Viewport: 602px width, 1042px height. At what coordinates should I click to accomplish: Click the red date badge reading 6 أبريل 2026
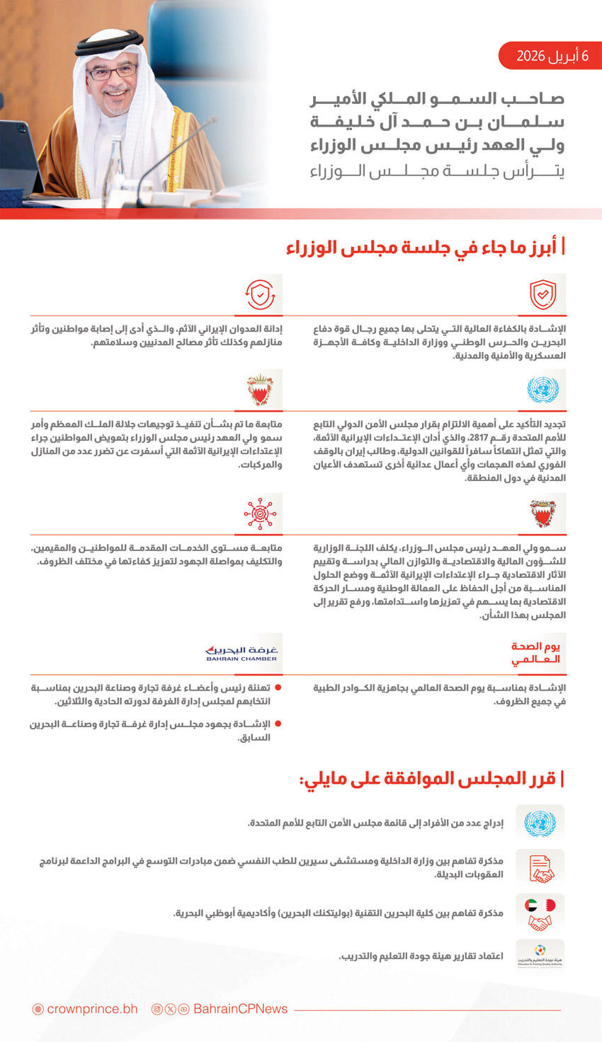point(550,56)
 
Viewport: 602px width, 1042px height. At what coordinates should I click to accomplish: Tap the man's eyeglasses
point(112,73)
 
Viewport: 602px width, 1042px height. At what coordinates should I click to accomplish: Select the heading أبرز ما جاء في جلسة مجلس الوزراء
point(425,248)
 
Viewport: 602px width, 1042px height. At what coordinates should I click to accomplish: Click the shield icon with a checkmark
point(543,295)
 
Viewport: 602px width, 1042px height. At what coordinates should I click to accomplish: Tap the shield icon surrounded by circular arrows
point(260,295)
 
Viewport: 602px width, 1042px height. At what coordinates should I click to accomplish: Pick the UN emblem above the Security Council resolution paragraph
point(543,390)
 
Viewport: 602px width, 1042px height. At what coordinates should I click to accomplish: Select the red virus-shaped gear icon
point(260,514)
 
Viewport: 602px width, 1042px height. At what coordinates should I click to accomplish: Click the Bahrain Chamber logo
point(242,653)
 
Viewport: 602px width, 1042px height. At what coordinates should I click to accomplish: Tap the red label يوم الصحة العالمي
point(535,653)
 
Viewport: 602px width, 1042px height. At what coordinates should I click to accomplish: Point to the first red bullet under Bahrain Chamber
point(278,688)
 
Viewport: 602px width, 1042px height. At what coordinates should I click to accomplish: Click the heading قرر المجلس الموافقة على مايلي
point(431,780)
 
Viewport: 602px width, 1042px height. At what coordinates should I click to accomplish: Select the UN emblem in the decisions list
point(540,823)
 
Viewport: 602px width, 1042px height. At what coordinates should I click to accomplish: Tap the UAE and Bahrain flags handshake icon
point(540,913)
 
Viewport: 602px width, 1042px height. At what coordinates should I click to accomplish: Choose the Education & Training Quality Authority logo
point(540,956)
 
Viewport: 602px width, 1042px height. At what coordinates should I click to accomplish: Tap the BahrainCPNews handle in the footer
point(241,1009)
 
